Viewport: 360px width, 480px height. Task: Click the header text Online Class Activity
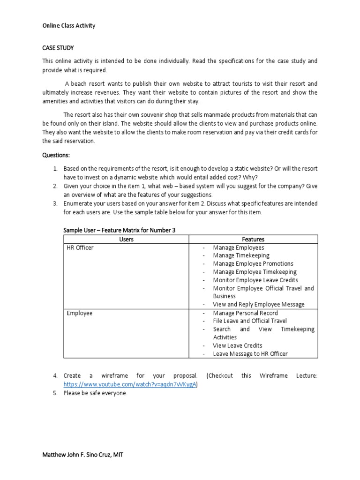pyautogui.click(x=69, y=25)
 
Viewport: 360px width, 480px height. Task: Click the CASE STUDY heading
pyautogui.click(x=58, y=48)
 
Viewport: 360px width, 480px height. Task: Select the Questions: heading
pyautogui.click(x=56, y=155)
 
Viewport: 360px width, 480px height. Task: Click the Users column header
pyautogui.click(x=126, y=239)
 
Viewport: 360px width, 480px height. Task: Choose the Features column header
pyautogui.click(x=253, y=239)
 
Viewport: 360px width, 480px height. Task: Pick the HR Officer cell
pyautogui.click(x=80, y=247)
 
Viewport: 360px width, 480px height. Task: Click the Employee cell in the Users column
pyautogui.click(x=80, y=313)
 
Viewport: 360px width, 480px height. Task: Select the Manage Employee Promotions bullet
pyautogui.click(x=253, y=264)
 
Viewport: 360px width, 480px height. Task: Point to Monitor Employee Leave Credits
pyautogui.click(x=255, y=280)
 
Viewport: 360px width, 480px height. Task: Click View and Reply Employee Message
pyautogui.click(x=258, y=304)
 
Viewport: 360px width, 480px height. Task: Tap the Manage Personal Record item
pyautogui.click(x=245, y=313)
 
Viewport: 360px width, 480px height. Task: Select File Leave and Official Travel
pyautogui.click(x=250, y=321)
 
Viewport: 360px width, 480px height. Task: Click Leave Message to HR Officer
pyautogui.click(x=250, y=354)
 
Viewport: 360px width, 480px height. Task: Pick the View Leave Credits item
pyautogui.click(x=238, y=345)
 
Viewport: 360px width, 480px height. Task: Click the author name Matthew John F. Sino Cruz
pyautogui.click(x=83, y=455)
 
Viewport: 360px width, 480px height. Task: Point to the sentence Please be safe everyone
pyautogui.click(x=96, y=393)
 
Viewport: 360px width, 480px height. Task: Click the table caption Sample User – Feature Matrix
pyautogui.click(x=119, y=229)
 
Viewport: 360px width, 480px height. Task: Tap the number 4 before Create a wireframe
pyautogui.click(x=55, y=376)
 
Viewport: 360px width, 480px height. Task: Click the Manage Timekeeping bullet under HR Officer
pyautogui.click(x=241, y=255)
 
